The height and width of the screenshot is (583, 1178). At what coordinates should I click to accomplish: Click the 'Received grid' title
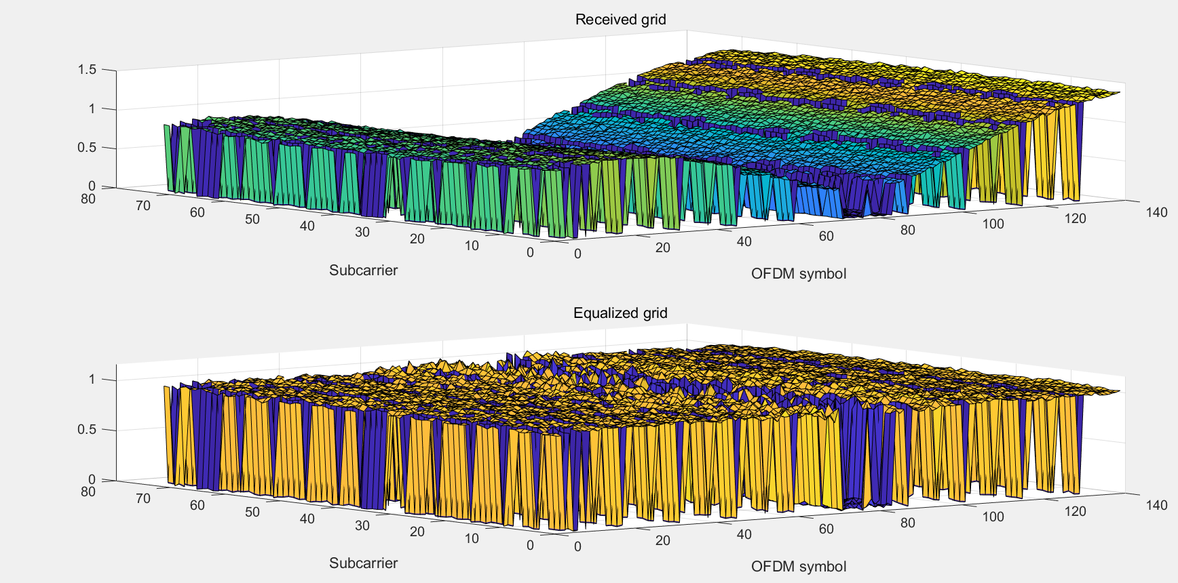(x=620, y=20)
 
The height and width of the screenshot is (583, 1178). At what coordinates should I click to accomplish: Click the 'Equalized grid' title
(x=620, y=313)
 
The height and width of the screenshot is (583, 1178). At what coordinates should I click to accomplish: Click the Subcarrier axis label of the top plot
(x=363, y=270)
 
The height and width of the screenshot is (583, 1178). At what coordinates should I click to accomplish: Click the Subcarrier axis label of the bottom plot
(x=363, y=563)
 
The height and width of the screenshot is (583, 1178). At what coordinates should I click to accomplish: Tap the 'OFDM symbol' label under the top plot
(x=799, y=274)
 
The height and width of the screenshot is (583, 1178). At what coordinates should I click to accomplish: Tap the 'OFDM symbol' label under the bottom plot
(x=799, y=567)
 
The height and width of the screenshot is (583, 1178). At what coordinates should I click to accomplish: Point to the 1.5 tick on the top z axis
(x=87, y=70)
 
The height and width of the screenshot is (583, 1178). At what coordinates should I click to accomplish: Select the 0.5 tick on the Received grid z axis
(x=87, y=148)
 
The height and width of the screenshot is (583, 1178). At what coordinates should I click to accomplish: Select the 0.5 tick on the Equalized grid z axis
(x=87, y=430)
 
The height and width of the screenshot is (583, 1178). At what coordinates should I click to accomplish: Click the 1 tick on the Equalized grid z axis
(x=92, y=380)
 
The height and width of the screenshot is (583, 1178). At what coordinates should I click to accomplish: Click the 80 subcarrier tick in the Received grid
(x=88, y=199)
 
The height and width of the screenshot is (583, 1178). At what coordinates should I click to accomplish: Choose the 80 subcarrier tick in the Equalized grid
(x=88, y=492)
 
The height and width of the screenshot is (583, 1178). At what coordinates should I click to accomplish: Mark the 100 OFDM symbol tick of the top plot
(x=993, y=224)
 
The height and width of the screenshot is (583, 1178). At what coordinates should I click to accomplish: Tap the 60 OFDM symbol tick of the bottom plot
(x=826, y=529)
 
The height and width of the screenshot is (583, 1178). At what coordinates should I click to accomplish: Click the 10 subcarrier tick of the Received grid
(x=472, y=245)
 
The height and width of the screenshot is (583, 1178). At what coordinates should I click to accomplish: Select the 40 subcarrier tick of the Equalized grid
(x=307, y=519)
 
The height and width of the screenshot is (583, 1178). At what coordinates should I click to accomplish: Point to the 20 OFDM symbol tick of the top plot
(x=663, y=248)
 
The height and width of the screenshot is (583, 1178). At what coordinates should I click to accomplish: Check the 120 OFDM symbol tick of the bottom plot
(x=1075, y=511)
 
